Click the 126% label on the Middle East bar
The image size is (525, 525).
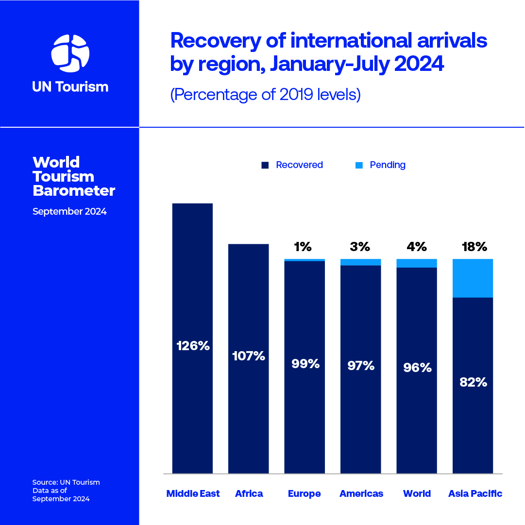[193, 346]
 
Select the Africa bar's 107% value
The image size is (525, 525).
[248, 356]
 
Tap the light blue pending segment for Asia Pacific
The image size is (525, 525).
[473, 278]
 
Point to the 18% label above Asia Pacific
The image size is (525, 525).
[474, 247]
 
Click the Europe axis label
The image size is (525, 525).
[305, 494]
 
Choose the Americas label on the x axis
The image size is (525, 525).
[361, 494]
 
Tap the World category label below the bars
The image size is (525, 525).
[417, 494]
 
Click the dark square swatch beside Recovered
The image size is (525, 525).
[265, 165]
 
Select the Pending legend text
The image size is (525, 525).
[387, 165]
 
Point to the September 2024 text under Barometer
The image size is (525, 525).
[69, 212]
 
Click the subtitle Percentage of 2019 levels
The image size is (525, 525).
[265, 94]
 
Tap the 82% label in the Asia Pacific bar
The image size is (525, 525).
[473, 382]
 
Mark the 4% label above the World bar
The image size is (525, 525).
[417, 247]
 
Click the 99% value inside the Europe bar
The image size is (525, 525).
[305, 363]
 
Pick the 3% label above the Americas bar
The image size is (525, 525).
[360, 247]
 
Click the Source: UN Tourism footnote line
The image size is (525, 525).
[66, 482]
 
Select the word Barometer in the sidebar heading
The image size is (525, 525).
[74, 191]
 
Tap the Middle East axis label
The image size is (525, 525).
[193, 494]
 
